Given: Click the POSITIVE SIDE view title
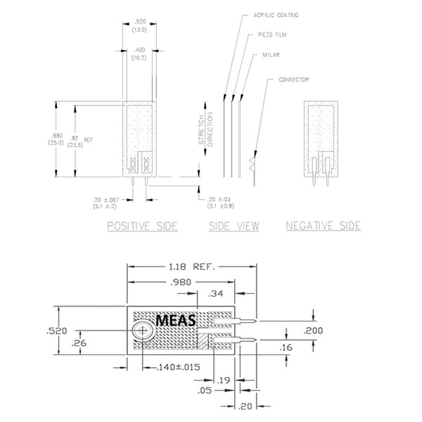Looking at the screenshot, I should (142, 226).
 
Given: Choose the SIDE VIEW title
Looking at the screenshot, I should (234, 226).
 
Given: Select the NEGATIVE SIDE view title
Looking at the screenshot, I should (323, 226).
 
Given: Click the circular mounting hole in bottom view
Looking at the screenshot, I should (143, 329).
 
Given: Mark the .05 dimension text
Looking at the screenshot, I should (205, 390).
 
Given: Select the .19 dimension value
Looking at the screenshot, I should (222, 381).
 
